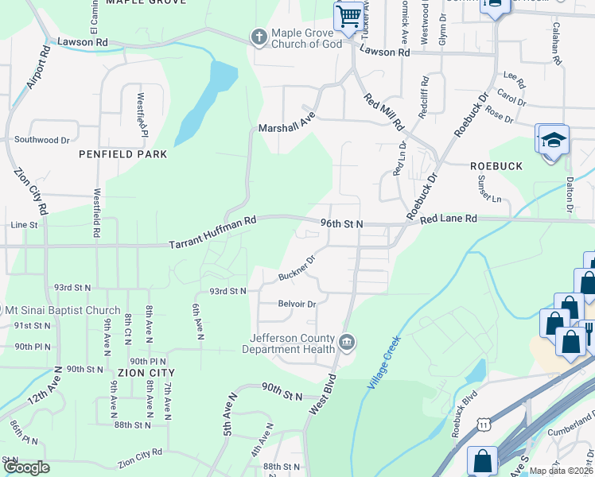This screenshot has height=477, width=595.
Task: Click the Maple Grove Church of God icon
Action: (258, 37)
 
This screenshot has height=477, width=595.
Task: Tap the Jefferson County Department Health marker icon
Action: (347, 343)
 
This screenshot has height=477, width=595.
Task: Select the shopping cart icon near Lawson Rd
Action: (348, 16)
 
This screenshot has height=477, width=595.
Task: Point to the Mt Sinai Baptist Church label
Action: (62, 310)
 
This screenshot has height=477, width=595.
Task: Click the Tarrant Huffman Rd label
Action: (213, 235)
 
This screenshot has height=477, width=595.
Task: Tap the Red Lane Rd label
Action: (449, 218)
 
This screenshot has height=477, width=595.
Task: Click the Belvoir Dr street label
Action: (297, 304)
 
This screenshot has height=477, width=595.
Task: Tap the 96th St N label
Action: (340, 224)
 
